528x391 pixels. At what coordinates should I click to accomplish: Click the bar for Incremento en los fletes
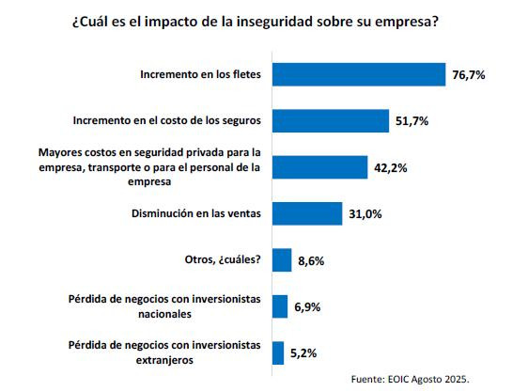(x=358, y=74)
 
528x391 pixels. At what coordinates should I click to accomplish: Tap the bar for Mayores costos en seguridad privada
(x=319, y=166)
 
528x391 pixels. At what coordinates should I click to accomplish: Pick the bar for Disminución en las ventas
(x=307, y=213)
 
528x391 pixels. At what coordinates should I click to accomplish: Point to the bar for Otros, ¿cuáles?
(x=280, y=260)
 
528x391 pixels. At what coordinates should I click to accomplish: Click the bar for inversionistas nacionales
(x=279, y=306)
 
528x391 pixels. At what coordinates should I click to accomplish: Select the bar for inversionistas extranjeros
(x=277, y=352)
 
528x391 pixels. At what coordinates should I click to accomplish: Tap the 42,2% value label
(x=390, y=167)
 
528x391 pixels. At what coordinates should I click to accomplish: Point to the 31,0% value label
(x=365, y=214)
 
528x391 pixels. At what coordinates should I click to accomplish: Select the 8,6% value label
(x=311, y=261)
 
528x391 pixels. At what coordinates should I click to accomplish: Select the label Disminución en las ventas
(x=197, y=213)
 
